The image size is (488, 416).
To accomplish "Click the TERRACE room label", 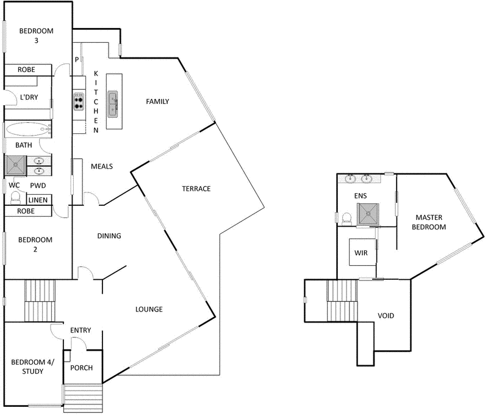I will coord(196,189).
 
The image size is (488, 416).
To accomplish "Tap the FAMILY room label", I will coord(157,101).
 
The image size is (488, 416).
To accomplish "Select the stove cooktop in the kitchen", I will coord(79,101).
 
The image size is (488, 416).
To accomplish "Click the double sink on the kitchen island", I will coord(113,104).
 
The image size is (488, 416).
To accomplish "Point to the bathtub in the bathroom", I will coord(28,129).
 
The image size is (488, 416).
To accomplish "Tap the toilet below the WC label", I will coord(16,198).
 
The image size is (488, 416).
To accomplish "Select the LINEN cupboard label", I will coord(38,200).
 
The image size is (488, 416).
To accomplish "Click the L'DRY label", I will coord(29,97).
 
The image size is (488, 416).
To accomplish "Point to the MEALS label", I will coord(101,166).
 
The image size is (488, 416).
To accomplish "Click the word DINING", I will coord(109,236).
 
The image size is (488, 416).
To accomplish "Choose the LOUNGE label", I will coord(149,309).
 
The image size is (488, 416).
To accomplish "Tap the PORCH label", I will coord(81,368).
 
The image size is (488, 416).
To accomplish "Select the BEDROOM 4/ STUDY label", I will coord(32,367).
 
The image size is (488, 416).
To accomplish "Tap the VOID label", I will coord(386,316).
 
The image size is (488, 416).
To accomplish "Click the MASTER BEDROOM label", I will coord(431,222).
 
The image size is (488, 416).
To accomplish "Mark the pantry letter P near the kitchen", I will coord(77,59).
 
